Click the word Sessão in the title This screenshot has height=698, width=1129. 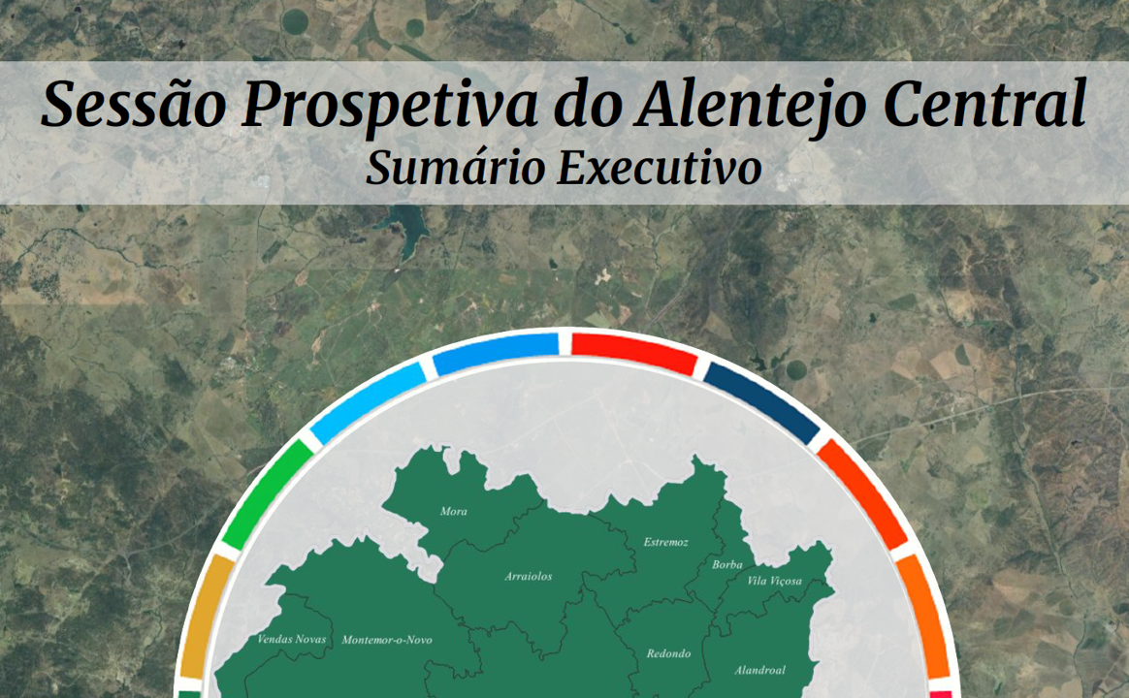click(x=134, y=104)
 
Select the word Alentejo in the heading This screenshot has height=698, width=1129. click(x=751, y=106)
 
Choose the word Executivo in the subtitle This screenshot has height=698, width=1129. click(x=660, y=168)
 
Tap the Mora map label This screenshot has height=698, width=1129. click(x=454, y=512)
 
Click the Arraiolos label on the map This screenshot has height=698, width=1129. click(x=529, y=577)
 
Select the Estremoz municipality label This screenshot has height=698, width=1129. click(x=666, y=542)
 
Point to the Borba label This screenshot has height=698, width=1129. click(x=727, y=565)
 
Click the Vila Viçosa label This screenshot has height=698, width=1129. click(x=775, y=581)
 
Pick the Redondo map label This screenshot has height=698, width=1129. click(x=669, y=653)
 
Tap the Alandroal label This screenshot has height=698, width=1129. click(x=760, y=670)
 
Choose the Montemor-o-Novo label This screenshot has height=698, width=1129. click(x=387, y=640)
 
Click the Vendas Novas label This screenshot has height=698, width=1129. click(x=292, y=639)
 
